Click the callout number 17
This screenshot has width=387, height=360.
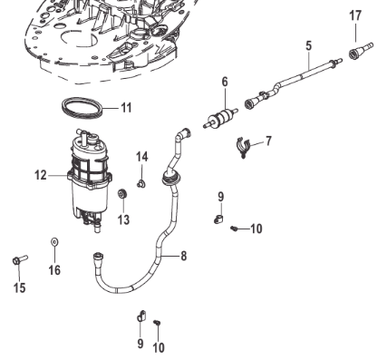click(355, 15)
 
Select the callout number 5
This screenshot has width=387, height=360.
click(308, 46)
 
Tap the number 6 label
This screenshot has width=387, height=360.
click(225, 82)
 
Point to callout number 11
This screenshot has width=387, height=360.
click(126, 108)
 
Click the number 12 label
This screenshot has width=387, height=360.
click(41, 175)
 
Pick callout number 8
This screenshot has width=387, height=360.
click(184, 256)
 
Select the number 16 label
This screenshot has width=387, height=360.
click(54, 270)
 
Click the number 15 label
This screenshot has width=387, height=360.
click(20, 287)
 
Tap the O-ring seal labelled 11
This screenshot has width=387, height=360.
click(82, 108)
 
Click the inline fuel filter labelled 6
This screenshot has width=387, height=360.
click(221, 118)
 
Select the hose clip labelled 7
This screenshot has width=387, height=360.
click(244, 147)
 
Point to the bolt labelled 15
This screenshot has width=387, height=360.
click(20, 259)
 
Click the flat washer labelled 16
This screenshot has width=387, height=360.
click(54, 242)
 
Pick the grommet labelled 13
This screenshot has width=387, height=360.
click(122, 193)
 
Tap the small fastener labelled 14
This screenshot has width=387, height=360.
click(140, 183)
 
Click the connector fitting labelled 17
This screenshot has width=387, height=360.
click(361, 51)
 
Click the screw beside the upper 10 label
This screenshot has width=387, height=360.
click(234, 229)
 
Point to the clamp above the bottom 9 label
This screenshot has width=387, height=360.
click(140, 316)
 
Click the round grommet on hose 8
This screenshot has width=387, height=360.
click(170, 178)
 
